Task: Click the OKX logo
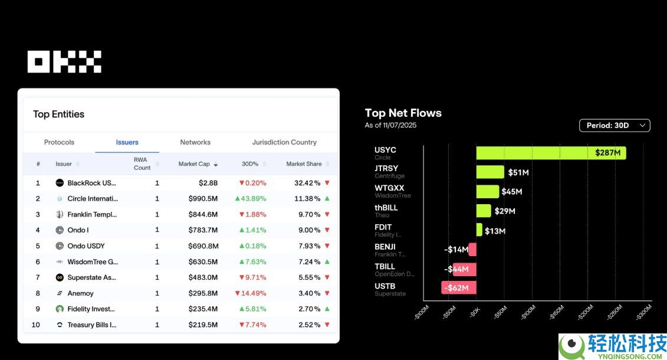pyautogui.click(x=64, y=61)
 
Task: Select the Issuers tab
pyautogui.click(x=127, y=142)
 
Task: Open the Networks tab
pyautogui.click(x=195, y=142)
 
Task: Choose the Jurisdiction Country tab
pyautogui.click(x=284, y=142)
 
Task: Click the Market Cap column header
pyautogui.click(x=195, y=164)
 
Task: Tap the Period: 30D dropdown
pyautogui.click(x=615, y=125)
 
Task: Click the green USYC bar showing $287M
pyautogui.click(x=551, y=153)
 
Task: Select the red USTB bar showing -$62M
pyautogui.click(x=459, y=287)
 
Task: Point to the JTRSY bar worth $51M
pyautogui.click(x=490, y=172)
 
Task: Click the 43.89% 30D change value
pyautogui.click(x=251, y=199)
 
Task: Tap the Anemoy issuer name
pyautogui.click(x=80, y=293)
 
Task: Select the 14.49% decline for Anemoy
pyautogui.click(x=251, y=293)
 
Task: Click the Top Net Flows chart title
pyautogui.click(x=403, y=113)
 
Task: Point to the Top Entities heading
pyautogui.click(x=58, y=114)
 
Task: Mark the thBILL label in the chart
pyautogui.click(x=386, y=208)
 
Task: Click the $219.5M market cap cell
pyautogui.click(x=203, y=325)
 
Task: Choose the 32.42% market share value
pyautogui.click(x=307, y=183)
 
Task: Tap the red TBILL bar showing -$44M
pyautogui.click(x=464, y=269)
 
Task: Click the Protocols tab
pyautogui.click(x=59, y=142)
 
